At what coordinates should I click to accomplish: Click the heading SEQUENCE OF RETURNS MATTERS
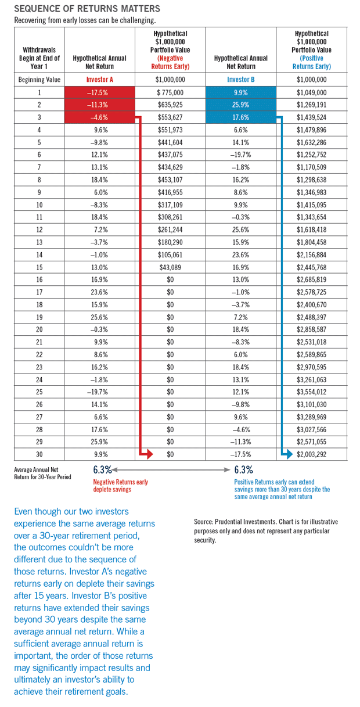[x=83, y=9]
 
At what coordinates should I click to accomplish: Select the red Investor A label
[x=100, y=80]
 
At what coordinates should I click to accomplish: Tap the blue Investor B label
[x=241, y=80]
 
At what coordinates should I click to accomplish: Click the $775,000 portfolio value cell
[x=170, y=92]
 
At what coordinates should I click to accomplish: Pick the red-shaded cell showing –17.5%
[x=100, y=92]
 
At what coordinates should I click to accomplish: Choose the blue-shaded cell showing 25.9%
[x=241, y=105]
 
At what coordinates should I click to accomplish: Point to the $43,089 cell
[x=170, y=267]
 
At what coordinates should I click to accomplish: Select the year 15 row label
[x=39, y=267]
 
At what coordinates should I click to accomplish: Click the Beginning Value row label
[x=39, y=80]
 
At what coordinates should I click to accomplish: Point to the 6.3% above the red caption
[x=103, y=469]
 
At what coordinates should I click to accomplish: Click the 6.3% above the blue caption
[x=243, y=469]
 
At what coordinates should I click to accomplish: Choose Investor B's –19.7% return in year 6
[x=241, y=155]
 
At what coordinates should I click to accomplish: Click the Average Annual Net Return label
[x=42, y=473]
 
